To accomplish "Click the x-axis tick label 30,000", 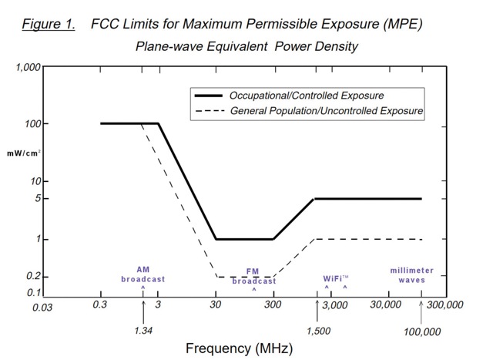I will (385, 305).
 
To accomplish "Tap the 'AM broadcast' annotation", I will (143, 274).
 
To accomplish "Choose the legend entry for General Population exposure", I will (327, 112).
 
